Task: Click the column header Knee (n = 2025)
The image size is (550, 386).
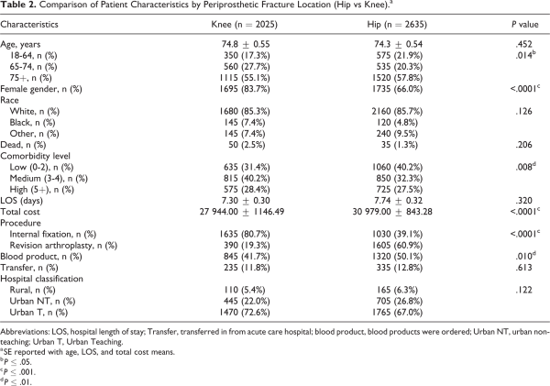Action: click(x=244, y=24)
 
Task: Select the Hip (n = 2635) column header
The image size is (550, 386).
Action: click(x=397, y=24)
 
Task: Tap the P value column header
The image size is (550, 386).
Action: click(x=524, y=24)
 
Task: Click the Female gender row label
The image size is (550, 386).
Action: click(x=41, y=89)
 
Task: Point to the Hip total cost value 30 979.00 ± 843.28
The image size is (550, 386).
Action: click(x=392, y=212)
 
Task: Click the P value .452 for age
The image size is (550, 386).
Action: click(x=523, y=44)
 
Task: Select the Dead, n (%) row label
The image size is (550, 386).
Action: click(x=23, y=145)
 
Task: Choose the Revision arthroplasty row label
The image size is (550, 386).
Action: click(x=63, y=246)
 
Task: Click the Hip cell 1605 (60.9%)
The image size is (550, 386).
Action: click(x=398, y=246)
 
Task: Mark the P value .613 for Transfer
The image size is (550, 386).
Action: click(x=523, y=268)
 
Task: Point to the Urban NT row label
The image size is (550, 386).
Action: click(x=42, y=301)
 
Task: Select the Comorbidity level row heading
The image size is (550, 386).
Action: click(x=35, y=156)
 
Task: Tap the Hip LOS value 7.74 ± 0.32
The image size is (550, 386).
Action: click(x=398, y=201)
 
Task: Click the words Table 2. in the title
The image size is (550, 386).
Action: click(x=13, y=5)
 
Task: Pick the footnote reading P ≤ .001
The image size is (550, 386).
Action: click(x=18, y=372)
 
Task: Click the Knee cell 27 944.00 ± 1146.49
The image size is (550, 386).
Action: click(x=242, y=212)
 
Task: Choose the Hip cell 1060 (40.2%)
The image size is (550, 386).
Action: click(x=398, y=168)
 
